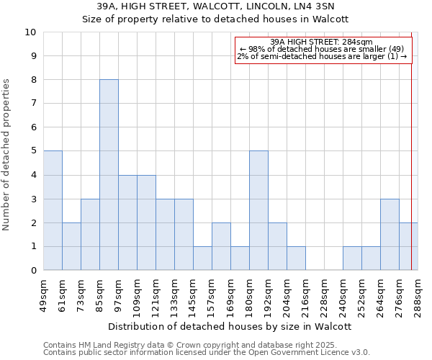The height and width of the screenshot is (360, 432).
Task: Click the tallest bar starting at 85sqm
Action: tap(109, 175)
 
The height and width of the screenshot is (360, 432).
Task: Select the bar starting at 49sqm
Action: tap(53, 210)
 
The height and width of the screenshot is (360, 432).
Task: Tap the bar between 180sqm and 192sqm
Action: tap(258, 210)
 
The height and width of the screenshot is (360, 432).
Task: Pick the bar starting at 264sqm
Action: tap(390, 234)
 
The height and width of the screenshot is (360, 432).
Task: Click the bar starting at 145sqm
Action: tap(202, 258)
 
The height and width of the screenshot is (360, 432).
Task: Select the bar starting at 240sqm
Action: tap(352, 258)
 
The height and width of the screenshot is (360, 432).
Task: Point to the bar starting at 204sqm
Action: tap(296, 258)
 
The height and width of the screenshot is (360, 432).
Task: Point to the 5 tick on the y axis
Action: tap(32, 151)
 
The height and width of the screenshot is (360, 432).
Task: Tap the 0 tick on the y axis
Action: tap(32, 271)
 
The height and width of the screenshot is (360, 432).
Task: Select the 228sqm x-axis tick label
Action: tap(325, 293)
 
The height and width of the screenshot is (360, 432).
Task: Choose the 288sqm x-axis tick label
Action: tap(418, 293)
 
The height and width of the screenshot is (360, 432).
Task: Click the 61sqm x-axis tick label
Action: tap(63, 293)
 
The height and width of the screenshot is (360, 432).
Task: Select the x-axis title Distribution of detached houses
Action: tap(230, 326)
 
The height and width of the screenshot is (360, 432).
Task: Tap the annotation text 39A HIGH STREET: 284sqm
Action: tap(322, 42)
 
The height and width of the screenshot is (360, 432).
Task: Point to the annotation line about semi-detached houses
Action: tap(322, 56)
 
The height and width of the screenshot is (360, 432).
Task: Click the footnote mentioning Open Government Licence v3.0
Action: tap(207, 353)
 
